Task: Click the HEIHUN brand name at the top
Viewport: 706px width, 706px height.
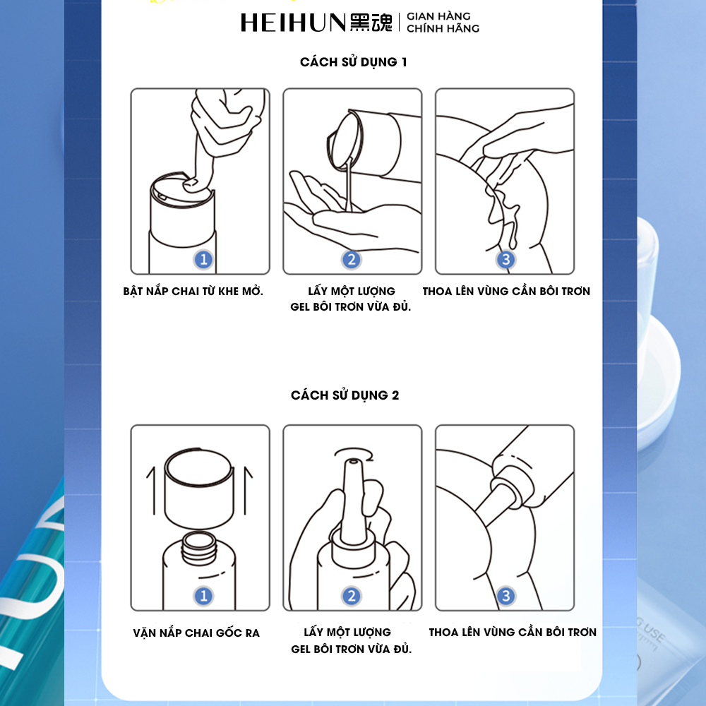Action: [293, 23]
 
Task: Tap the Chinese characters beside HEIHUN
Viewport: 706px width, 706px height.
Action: [371, 23]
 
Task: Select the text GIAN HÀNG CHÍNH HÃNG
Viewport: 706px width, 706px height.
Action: [443, 23]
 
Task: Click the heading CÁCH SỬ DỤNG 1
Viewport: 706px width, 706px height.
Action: [354, 61]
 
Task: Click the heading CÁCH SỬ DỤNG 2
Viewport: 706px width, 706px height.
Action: [345, 395]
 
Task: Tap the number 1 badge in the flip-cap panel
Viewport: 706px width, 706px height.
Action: [203, 259]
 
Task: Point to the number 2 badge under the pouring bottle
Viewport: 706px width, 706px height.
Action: [352, 259]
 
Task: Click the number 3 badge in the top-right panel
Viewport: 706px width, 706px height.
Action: [505, 259]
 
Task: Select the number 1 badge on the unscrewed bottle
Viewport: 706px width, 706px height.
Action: [203, 596]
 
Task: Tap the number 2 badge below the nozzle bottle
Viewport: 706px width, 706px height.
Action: [352, 596]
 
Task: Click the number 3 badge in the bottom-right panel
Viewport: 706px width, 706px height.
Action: [505, 596]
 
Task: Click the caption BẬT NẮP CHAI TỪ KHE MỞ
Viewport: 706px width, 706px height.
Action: [193, 291]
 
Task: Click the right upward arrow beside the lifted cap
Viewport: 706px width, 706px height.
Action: [246, 490]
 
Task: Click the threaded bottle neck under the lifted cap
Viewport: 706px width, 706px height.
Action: [199, 547]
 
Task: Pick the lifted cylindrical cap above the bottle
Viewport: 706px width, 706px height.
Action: [199, 489]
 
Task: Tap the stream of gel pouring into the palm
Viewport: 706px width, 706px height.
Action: [348, 184]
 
